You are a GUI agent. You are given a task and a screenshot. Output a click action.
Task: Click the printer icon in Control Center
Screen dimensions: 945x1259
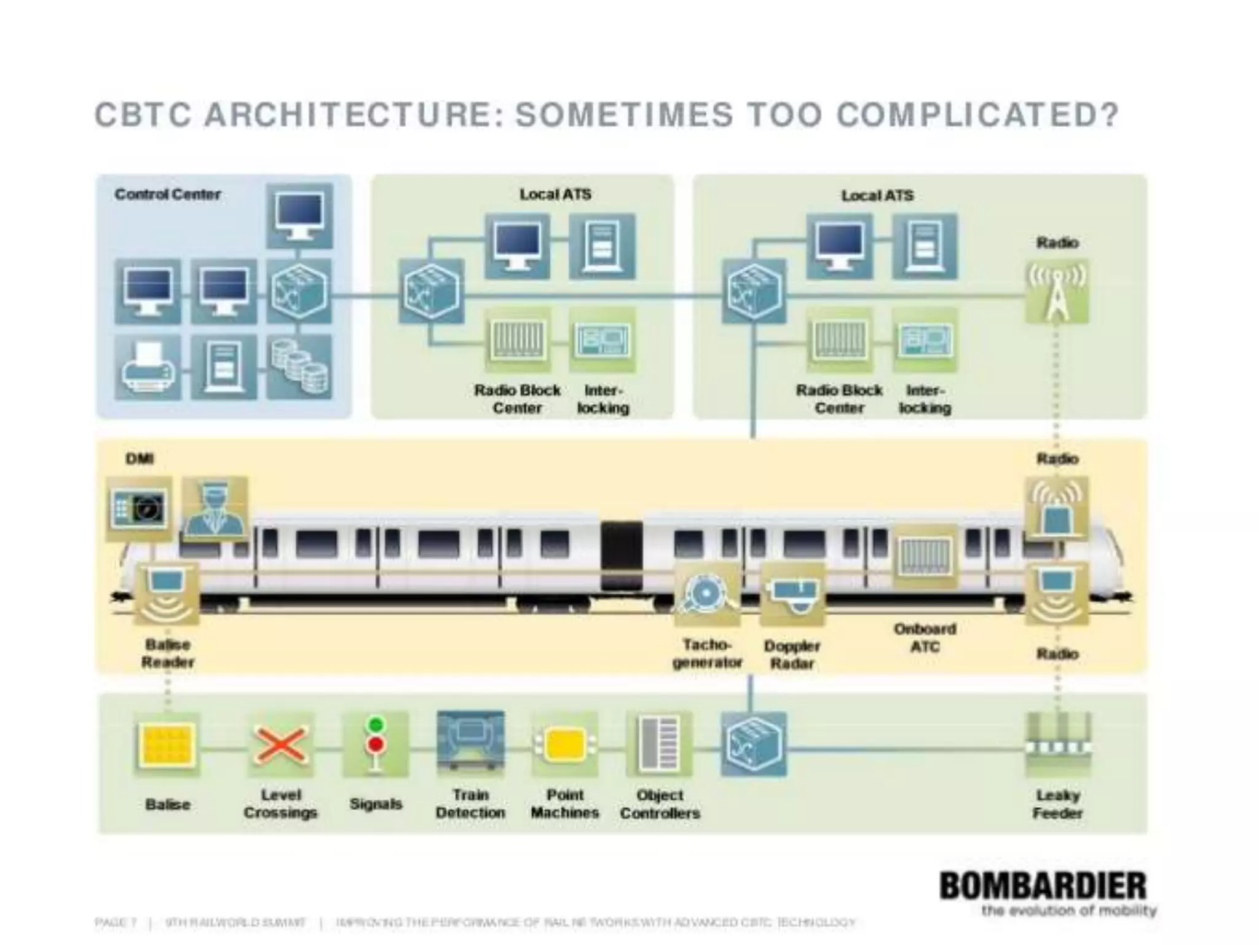148,367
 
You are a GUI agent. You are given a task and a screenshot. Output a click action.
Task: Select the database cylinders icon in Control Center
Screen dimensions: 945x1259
299,367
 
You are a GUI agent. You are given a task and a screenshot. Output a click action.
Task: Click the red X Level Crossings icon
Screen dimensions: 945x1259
281,745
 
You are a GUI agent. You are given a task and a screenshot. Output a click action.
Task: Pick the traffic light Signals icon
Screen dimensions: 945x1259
376,744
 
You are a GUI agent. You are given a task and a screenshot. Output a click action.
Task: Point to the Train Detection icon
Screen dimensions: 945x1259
470,744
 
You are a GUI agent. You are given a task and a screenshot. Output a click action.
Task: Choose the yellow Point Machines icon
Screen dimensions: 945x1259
564,745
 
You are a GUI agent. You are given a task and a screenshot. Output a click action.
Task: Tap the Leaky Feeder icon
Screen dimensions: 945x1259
1057,745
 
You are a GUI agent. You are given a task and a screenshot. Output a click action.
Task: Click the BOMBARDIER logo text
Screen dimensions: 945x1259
1043,887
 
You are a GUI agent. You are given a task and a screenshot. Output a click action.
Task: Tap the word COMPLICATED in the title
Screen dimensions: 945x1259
977,115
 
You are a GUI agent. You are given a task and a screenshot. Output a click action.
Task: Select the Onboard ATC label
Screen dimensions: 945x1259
925,637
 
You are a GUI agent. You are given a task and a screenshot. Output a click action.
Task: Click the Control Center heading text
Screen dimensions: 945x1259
167,194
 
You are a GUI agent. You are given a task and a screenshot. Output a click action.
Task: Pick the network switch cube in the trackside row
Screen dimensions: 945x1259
753,745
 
